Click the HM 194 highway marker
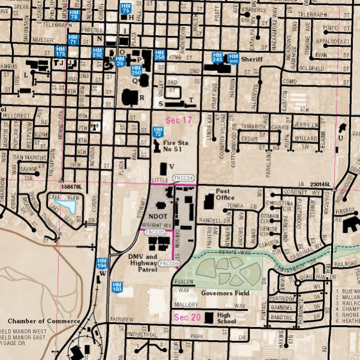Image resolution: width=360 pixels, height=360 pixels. (102, 263)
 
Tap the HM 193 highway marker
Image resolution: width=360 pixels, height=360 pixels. (117, 287)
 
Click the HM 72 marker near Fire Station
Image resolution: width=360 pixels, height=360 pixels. (158, 131)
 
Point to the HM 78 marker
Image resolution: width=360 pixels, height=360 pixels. (74, 15)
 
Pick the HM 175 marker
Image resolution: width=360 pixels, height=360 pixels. (60, 51)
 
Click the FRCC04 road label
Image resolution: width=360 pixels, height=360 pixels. (183, 179)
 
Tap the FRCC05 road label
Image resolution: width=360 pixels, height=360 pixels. (155, 232)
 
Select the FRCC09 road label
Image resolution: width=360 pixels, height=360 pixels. (170, 263)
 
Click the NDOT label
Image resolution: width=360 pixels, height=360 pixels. (157, 215)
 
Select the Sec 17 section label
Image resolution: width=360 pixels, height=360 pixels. (179, 121)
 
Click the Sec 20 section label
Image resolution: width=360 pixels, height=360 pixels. (187, 317)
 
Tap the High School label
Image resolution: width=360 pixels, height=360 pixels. (227, 317)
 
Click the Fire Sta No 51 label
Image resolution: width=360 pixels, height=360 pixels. (176, 146)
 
